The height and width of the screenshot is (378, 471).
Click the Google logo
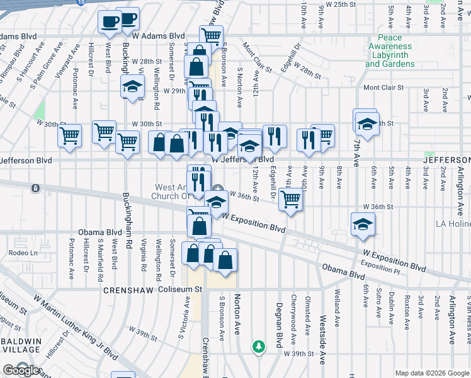(x=21, y=370)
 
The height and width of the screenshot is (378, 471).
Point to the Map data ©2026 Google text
(x=431, y=373)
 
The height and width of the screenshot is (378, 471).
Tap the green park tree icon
(x=258, y=346)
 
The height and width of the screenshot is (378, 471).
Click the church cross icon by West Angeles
(x=218, y=187)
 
